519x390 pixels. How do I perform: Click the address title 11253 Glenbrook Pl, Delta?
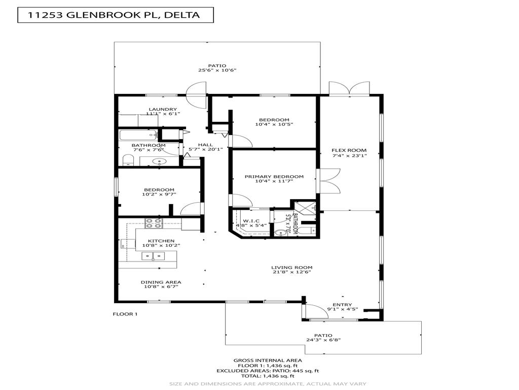click(114, 15)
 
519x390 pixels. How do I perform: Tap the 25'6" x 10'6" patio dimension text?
click(217, 71)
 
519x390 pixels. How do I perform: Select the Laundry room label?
click(162, 109)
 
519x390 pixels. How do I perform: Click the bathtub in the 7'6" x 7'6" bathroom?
click(139, 135)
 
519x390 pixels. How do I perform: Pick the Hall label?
click(191, 144)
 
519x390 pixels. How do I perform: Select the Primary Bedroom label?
click(274, 177)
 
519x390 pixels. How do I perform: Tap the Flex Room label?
click(349, 150)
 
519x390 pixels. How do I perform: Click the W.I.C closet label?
click(251, 221)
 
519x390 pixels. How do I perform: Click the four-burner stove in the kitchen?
click(154, 221)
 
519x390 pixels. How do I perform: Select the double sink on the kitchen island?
click(153, 256)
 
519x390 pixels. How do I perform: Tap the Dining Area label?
click(161, 282)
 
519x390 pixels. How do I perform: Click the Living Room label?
click(291, 268)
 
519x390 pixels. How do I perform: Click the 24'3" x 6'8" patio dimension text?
click(323, 340)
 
